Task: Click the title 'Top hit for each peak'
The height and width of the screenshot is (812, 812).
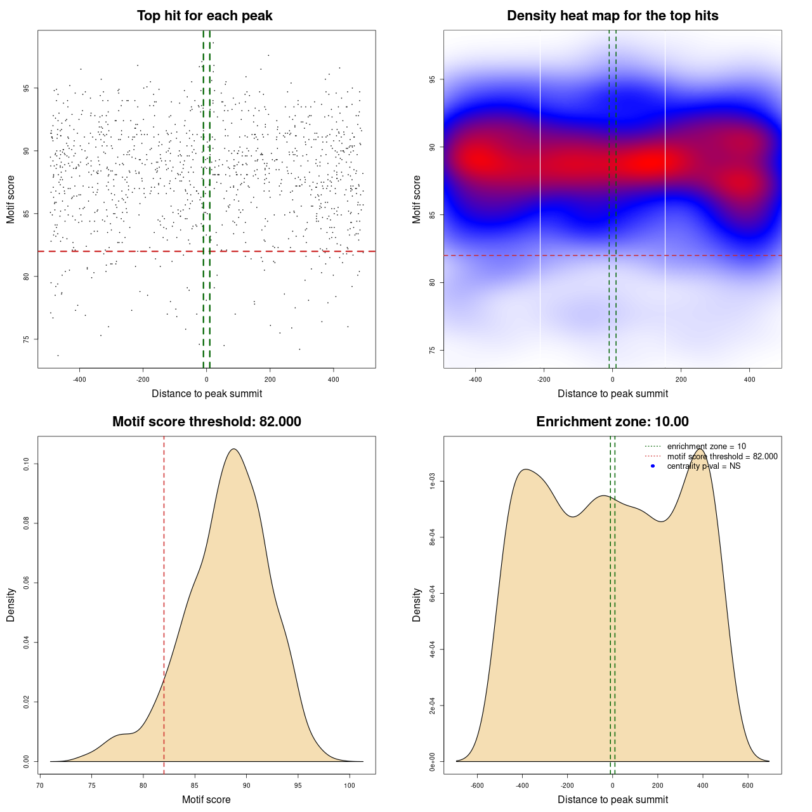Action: [204, 16]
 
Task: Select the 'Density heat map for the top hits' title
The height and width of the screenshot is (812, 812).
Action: [612, 16]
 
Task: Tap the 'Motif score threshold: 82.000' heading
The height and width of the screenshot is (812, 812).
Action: [206, 422]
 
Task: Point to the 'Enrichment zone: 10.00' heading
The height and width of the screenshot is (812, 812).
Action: [612, 422]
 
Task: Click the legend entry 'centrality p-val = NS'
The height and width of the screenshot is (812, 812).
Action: [704, 466]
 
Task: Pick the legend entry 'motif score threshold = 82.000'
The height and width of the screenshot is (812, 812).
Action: [722, 457]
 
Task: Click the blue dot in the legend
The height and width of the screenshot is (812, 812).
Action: [653, 466]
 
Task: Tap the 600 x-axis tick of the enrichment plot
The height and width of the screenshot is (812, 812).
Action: [748, 785]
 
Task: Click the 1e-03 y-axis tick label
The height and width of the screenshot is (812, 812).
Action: [432, 481]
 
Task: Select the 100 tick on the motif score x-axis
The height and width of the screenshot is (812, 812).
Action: [350, 785]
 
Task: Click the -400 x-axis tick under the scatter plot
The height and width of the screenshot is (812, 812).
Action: [79, 379]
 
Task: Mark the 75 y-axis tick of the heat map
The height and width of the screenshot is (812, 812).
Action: [432, 350]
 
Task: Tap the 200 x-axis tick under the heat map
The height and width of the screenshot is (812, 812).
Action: [681, 379]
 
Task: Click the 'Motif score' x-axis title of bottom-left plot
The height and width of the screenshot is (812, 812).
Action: [206, 799]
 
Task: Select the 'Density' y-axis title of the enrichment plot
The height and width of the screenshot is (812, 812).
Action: [417, 605]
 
